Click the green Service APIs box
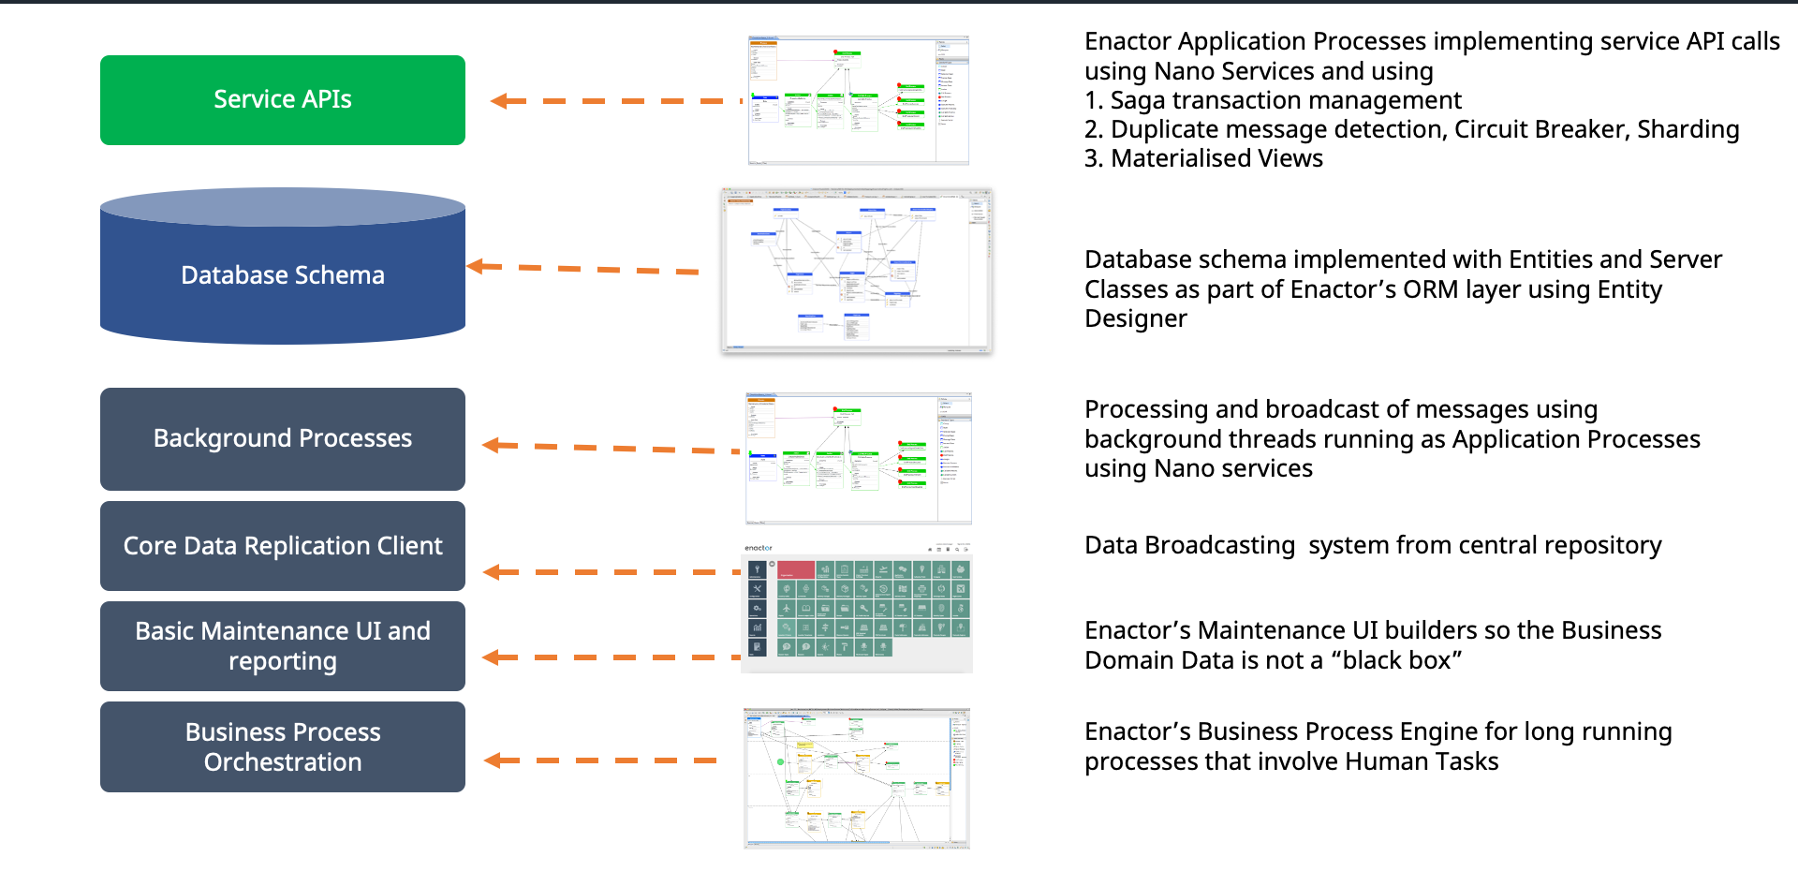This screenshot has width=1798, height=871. coord(282,99)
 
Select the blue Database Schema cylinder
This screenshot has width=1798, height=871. coord(282,273)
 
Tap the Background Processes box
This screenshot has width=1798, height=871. coord(282,438)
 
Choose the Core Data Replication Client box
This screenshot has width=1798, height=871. coord(282,545)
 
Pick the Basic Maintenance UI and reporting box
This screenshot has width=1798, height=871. coord(282,645)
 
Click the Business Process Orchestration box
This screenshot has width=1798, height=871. coord(282,746)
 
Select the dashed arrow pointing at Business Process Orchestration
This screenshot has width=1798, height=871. coord(599,760)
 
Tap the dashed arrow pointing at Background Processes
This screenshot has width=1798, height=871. coord(609,448)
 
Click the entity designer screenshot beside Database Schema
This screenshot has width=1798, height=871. coord(856,271)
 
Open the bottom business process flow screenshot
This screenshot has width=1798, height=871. coord(856,778)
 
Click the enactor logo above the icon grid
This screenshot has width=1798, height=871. coord(759,548)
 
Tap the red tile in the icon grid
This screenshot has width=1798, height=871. coord(796,569)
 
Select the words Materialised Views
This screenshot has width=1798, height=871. coord(1216,158)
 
